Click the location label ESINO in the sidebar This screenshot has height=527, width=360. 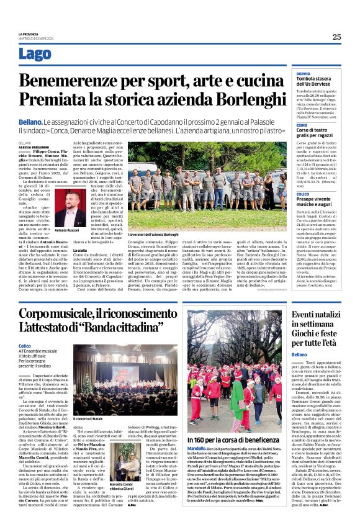click(302, 125)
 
